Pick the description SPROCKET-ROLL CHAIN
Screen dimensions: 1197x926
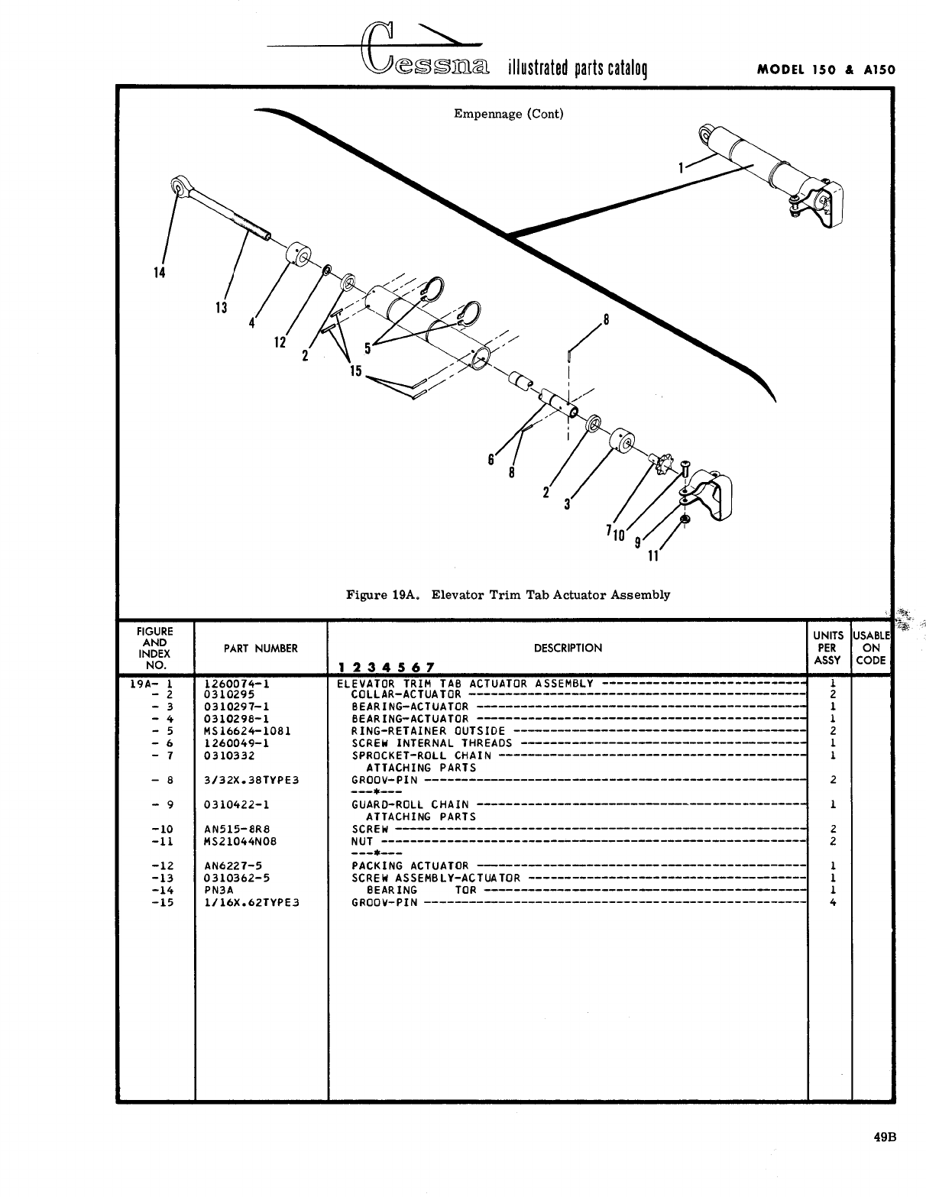(x=421, y=755)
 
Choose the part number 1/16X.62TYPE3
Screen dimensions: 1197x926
(x=251, y=902)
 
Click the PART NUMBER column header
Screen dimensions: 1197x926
(x=261, y=649)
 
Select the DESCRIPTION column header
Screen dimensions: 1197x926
(x=568, y=648)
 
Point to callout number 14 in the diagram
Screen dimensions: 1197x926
(x=160, y=273)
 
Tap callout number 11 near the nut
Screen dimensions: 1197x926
(x=652, y=556)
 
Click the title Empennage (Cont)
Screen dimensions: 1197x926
(x=508, y=114)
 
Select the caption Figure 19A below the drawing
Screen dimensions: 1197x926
(x=508, y=594)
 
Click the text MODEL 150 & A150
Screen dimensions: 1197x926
(x=825, y=70)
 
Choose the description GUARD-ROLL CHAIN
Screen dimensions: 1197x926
(x=410, y=804)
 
